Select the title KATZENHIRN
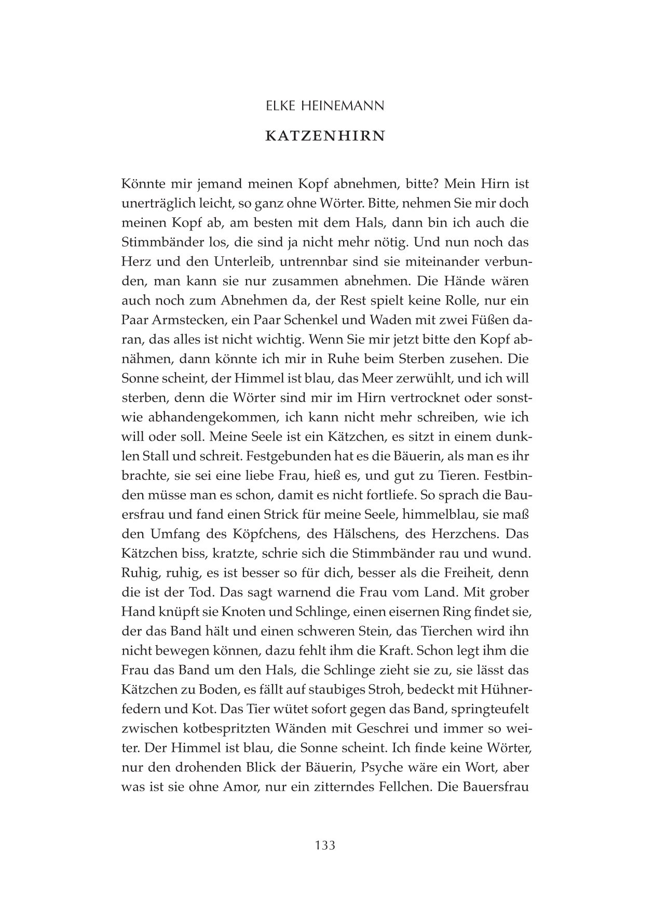point(325,136)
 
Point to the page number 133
point(325,845)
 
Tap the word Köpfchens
point(263,533)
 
